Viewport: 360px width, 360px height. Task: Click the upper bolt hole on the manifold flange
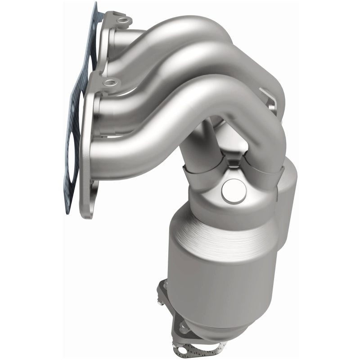point(122,21)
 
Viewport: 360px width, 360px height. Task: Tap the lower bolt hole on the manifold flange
point(108,83)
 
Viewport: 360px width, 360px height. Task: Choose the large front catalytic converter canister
point(211,270)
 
